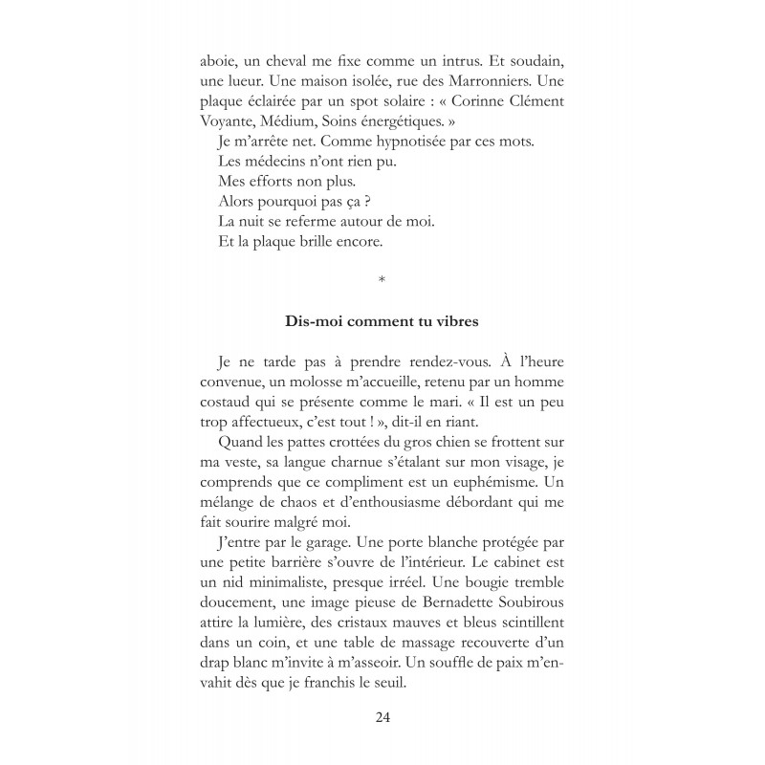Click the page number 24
(382, 717)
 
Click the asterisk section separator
(382, 279)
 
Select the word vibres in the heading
(456, 321)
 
